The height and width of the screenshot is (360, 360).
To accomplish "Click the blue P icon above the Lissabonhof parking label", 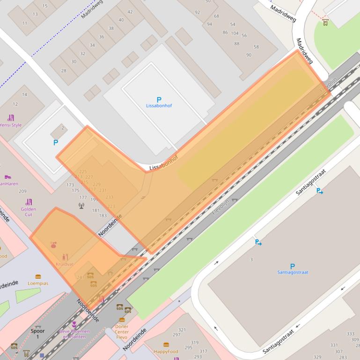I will pos(159,100).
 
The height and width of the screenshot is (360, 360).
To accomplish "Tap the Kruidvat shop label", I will pos(65,264).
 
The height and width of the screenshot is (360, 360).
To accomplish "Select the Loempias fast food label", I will pos(38,283).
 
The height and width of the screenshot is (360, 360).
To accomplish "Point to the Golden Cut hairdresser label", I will pos(29,211).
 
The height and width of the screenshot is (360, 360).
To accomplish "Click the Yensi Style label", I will pos(10,125).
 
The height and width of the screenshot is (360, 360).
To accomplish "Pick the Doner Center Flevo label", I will pos(122,331).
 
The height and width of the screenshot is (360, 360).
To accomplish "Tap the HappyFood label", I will pos(166,351).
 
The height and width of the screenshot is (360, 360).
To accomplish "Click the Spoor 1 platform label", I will pos(38,333).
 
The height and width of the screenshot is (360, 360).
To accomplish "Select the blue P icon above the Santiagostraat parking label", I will pos(293,266).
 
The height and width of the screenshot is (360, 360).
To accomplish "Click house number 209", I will pos(22,191).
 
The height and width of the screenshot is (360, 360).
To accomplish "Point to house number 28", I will pos(64,71).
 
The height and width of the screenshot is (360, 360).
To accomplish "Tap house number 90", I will pos(249,55).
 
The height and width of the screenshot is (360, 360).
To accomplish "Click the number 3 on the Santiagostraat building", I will pos(251,259).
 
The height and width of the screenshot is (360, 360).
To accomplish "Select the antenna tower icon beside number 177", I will pos(81,205).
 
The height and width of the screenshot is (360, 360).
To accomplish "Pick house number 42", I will pos(130,12).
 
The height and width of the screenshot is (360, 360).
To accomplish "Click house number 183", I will pos(103,216).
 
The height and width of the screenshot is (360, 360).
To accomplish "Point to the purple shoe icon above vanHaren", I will pos(7,177).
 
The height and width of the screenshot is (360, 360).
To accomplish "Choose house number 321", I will pos(182,330).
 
